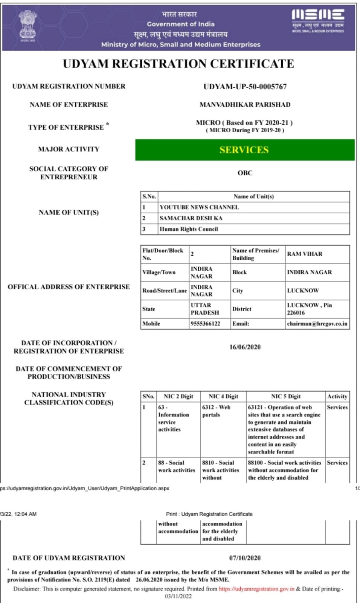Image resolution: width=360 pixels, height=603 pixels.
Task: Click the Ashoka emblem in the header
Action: point(27,25)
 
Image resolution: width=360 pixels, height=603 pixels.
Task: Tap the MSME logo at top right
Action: point(318,20)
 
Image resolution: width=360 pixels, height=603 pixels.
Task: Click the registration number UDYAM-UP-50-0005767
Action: point(245,87)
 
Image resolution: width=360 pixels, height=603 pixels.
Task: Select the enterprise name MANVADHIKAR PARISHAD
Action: point(245,105)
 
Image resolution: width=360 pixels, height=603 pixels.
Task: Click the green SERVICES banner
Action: point(245,150)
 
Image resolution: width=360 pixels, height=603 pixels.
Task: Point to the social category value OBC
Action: point(245,173)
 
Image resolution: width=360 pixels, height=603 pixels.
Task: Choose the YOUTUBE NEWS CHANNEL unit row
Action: point(199,207)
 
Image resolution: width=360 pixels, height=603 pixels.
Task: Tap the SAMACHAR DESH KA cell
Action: point(191,218)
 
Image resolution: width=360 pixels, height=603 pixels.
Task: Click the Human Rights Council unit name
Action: point(189,229)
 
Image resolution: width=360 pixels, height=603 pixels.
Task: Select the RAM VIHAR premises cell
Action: point(305,254)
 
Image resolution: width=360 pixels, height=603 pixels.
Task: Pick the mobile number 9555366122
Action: point(205,324)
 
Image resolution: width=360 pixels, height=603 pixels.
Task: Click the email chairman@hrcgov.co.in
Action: point(317,324)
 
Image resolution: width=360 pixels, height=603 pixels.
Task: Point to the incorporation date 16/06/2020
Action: point(245,347)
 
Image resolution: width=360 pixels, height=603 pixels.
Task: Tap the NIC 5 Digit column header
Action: point(286,396)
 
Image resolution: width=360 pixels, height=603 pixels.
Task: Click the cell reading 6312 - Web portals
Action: point(216,411)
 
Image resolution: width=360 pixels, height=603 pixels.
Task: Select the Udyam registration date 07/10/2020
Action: point(245,558)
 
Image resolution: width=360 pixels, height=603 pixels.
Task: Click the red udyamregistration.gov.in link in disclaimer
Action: point(256,589)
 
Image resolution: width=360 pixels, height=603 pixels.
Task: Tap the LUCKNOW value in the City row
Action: point(303,291)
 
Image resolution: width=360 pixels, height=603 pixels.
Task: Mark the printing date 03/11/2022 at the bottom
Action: point(178,596)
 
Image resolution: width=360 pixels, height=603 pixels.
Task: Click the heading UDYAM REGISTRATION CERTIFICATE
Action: point(178,64)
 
